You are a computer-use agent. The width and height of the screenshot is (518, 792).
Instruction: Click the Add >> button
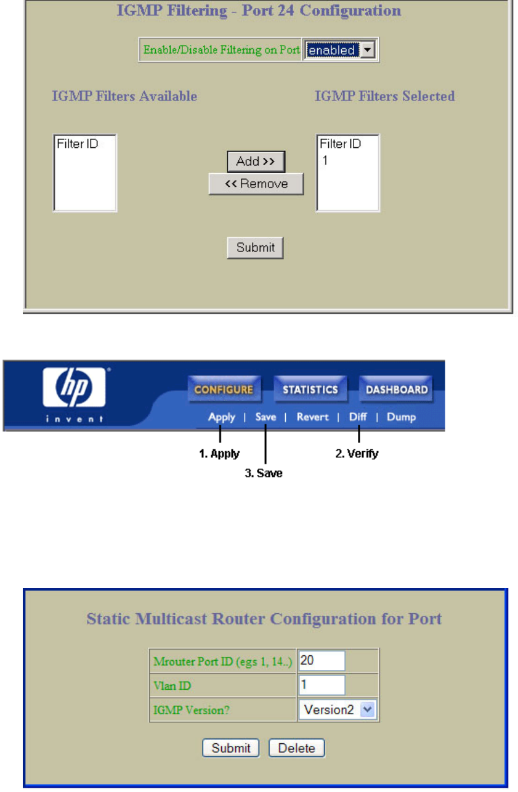256,161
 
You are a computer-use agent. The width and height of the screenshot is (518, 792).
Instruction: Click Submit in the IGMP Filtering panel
256,248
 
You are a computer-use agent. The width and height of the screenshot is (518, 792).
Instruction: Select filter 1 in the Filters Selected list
325,160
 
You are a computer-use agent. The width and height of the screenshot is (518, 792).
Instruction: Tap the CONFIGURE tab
224,390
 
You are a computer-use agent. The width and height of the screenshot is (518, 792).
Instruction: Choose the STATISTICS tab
310,390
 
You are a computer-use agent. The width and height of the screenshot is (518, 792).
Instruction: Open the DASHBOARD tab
397,390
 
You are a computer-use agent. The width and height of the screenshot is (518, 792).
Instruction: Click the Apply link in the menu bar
222,417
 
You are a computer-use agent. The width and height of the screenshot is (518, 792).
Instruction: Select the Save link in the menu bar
266,417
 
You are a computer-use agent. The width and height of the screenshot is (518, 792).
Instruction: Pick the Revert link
312,417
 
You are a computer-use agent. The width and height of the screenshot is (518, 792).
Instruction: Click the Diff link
358,417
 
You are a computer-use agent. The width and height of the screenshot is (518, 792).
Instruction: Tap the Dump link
401,417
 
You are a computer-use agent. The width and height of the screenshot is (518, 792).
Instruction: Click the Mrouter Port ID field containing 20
322,661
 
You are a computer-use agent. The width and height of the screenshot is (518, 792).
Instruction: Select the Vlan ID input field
322,685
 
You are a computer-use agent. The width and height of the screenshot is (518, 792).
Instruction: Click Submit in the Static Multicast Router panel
231,748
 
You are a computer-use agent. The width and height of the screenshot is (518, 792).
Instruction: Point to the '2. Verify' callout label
357,454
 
